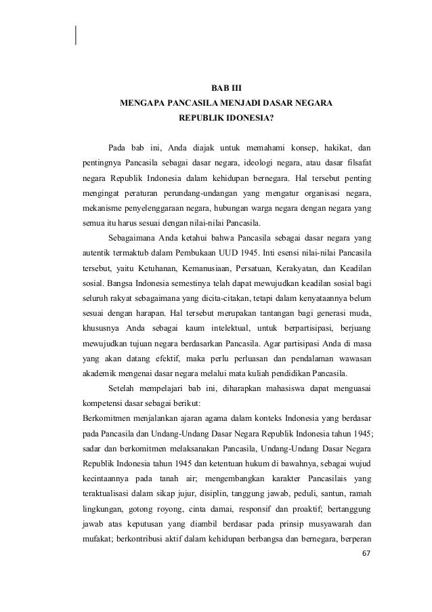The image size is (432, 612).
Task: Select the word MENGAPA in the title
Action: coord(142,106)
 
